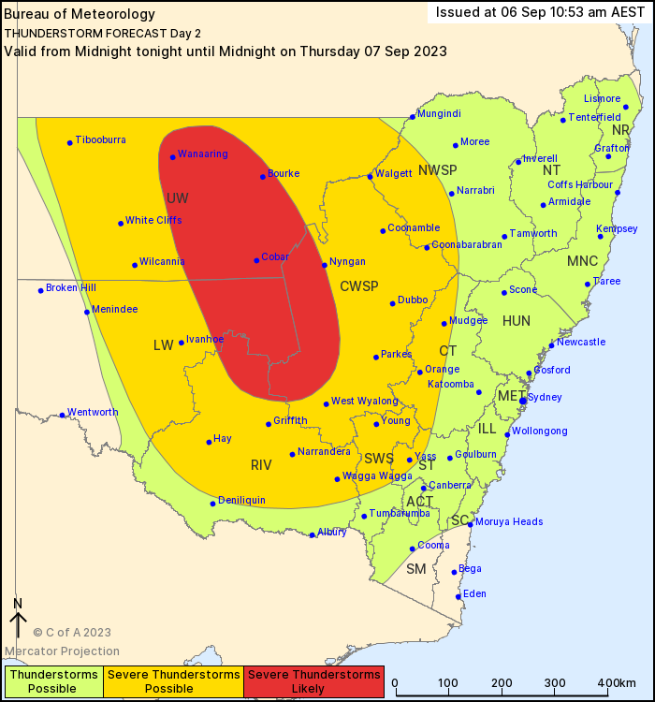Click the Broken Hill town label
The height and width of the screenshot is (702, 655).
(x=71, y=287)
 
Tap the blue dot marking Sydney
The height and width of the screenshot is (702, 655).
(x=523, y=401)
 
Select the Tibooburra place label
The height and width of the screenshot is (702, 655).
(x=100, y=139)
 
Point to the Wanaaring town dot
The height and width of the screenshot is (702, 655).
(x=172, y=157)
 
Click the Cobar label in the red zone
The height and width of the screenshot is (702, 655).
(x=275, y=256)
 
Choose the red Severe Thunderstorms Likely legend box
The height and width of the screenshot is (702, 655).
(x=313, y=681)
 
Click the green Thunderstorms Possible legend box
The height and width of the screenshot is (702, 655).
(x=52, y=681)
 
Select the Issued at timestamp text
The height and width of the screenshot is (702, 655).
(x=541, y=12)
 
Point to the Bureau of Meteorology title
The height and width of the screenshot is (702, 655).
(x=66, y=15)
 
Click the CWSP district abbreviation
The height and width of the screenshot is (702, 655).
(x=358, y=285)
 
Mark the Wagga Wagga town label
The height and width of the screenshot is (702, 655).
(x=378, y=475)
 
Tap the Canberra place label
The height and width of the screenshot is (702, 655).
(x=450, y=485)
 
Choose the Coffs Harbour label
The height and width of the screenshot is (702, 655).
(x=580, y=184)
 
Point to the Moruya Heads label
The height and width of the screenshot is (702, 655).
(x=509, y=521)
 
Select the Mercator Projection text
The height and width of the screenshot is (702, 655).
(x=62, y=651)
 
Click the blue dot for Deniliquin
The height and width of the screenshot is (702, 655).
(x=213, y=504)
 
